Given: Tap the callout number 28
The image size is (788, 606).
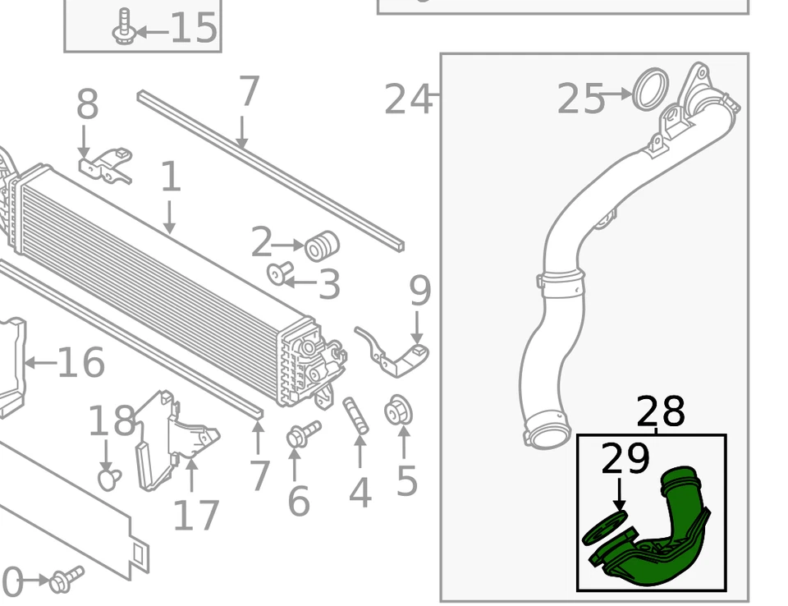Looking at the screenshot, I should pyautogui.click(x=660, y=411).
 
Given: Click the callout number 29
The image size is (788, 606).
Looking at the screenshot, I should pyautogui.click(x=625, y=461).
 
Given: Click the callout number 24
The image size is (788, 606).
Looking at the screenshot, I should pyautogui.click(x=408, y=100).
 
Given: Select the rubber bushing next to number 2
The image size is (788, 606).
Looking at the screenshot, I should pyautogui.click(x=322, y=246).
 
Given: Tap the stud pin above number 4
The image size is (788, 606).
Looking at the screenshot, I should pyautogui.click(x=355, y=416).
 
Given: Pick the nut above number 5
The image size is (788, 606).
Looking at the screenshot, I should pyautogui.click(x=399, y=411).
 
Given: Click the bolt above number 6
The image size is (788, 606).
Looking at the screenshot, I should pyautogui.click(x=302, y=434).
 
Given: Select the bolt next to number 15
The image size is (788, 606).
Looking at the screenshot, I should pyautogui.click(x=125, y=26).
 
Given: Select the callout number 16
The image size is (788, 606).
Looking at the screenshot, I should pyautogui.click(x=80, y=363).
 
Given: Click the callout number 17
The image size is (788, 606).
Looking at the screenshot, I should pyautogui.click(x=196, y=515).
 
